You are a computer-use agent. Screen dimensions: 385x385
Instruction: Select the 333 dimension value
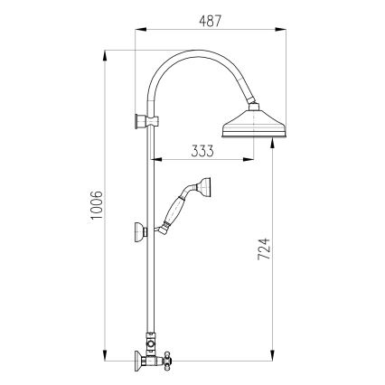[202, 151]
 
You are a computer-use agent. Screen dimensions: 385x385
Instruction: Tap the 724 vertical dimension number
[264, 246]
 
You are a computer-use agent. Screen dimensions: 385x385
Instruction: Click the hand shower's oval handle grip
[176, 213]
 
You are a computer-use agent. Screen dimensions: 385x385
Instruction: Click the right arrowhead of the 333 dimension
[250, 163]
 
